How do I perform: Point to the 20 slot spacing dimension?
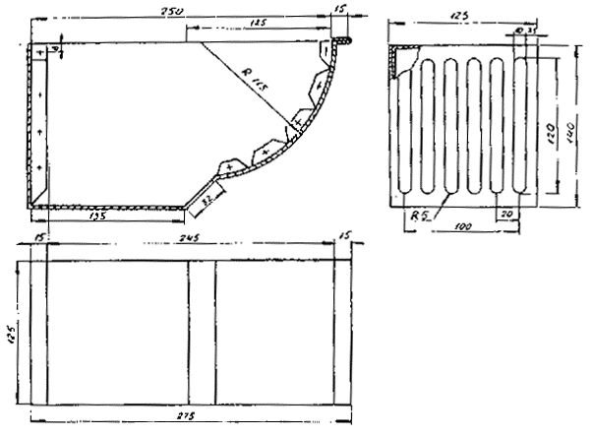(506, 213)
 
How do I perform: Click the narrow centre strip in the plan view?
(201, 331)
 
